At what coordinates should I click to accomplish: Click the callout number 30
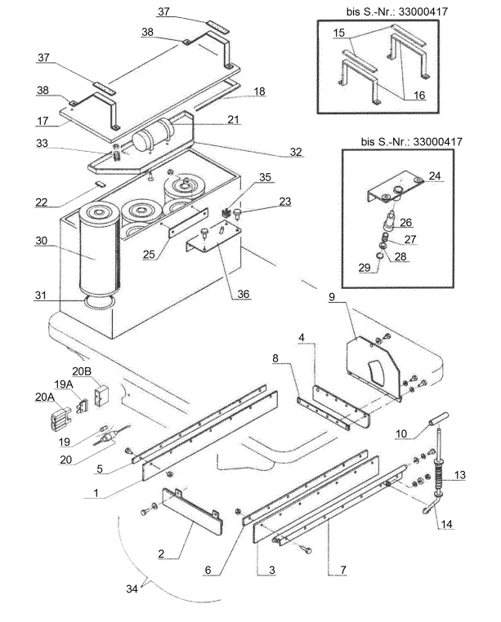click(x=42, y=240)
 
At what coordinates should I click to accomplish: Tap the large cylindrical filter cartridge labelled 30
click(x=99, y=250)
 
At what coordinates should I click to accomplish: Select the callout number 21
click(x=233, y=119)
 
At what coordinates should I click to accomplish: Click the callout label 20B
click(x=82, y=371)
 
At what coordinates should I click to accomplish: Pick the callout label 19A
click(x=64, y=384)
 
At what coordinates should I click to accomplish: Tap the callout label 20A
click(x=45, y=397)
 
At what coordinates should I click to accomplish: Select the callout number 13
click(x=459, y=474)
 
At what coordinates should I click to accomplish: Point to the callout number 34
click(x=132, y=589)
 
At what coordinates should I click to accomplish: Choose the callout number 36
click(x=244, y=294)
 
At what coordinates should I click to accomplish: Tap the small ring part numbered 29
click(x=379, y=256)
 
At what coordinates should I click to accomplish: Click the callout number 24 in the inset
click(x=435, y=175)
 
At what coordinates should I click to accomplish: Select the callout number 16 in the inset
click(x=419, y=96)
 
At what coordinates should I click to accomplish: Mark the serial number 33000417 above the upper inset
click(x=423, y=11)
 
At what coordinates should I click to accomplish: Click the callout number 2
click(x=161, y=553)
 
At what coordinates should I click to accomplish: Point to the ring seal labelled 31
click(x=100, y=302)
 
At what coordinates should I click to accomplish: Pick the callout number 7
click(x=343, y=570)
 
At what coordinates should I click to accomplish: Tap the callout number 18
click(x=259, y=91)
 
